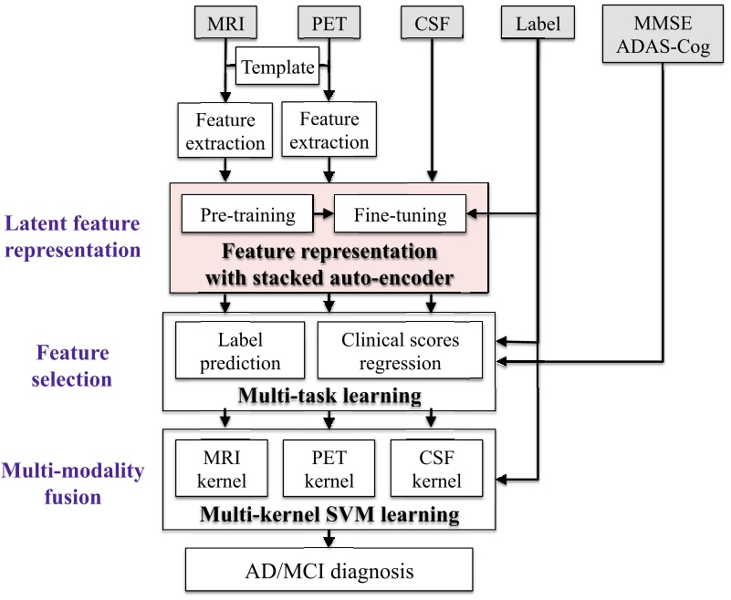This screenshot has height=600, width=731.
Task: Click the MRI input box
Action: point(225,23)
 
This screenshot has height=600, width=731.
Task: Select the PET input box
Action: point(329,23)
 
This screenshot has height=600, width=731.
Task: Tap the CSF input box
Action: point(433,23)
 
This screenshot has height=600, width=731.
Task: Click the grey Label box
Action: point(538,23)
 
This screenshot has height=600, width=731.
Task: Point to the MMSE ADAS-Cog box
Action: point(663,34)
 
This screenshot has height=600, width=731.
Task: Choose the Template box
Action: point(277,67)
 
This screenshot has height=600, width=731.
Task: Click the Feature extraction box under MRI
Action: point(225,130)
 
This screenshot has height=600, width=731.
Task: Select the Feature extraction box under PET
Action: point(329,129)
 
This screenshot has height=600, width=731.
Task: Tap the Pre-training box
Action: point(247,213)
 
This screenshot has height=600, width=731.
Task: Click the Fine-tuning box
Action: point(401,213)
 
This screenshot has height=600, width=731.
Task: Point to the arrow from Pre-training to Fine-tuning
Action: point(324,213)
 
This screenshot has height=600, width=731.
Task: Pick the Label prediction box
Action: point(240,350)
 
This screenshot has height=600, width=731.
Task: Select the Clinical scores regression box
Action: point(400,350)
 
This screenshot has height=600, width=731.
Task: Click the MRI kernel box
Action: point(222,468)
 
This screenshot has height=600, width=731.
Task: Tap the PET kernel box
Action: point(329,468)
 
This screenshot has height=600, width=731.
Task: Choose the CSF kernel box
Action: point(437,468)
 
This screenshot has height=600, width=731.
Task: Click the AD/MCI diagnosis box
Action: point(329,570)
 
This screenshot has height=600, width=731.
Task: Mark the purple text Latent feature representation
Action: point(72,237)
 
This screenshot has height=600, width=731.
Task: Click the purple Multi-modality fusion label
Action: point(72,483)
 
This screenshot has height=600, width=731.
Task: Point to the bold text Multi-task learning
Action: point(329,396)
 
